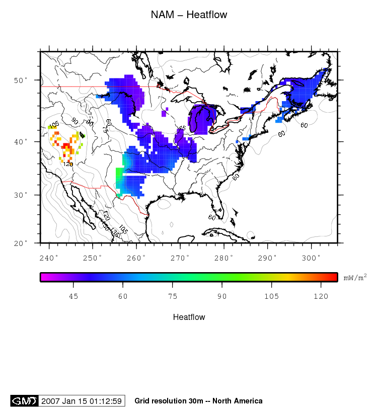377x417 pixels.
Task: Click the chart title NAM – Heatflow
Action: click(x=189, y=15)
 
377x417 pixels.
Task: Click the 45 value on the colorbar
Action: click(x=73, y=296)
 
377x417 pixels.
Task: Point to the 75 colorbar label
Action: click(x=173, y=296)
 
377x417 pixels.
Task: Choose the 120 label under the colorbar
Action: click(x=321, y=296)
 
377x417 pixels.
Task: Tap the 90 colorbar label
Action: click(x=222, y=296)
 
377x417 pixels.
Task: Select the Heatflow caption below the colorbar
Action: click(x=189, y=317)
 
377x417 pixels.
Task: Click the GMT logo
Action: click(x=24, y=401)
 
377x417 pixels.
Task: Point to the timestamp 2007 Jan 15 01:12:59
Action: click(x=82, y=401)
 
